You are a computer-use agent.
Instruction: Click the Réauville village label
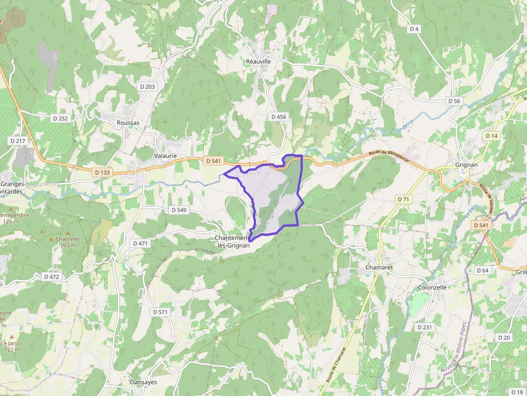coord(258,61)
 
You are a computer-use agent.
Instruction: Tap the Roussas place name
coord(128,123)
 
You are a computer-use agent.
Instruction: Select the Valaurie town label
coord(166,156)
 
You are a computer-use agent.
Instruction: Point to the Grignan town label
coord(466,164)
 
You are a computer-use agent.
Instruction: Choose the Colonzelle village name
coord(432,287)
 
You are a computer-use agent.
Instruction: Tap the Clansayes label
coord(143,382)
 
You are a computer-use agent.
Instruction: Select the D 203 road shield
coord(147,87)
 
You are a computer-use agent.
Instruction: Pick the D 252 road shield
coord(60,118)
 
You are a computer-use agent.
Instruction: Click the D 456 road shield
coord(279,117)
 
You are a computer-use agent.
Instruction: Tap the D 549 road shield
coord(178,210)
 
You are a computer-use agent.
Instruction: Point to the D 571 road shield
coord(161,312)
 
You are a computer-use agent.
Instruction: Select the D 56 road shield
coord(455,101)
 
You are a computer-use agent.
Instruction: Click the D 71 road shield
coord(403,199)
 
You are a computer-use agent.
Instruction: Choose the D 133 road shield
coord(102,172)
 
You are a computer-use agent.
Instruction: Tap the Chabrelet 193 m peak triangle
coord(52,239)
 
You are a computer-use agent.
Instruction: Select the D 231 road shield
coord(425,327)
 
